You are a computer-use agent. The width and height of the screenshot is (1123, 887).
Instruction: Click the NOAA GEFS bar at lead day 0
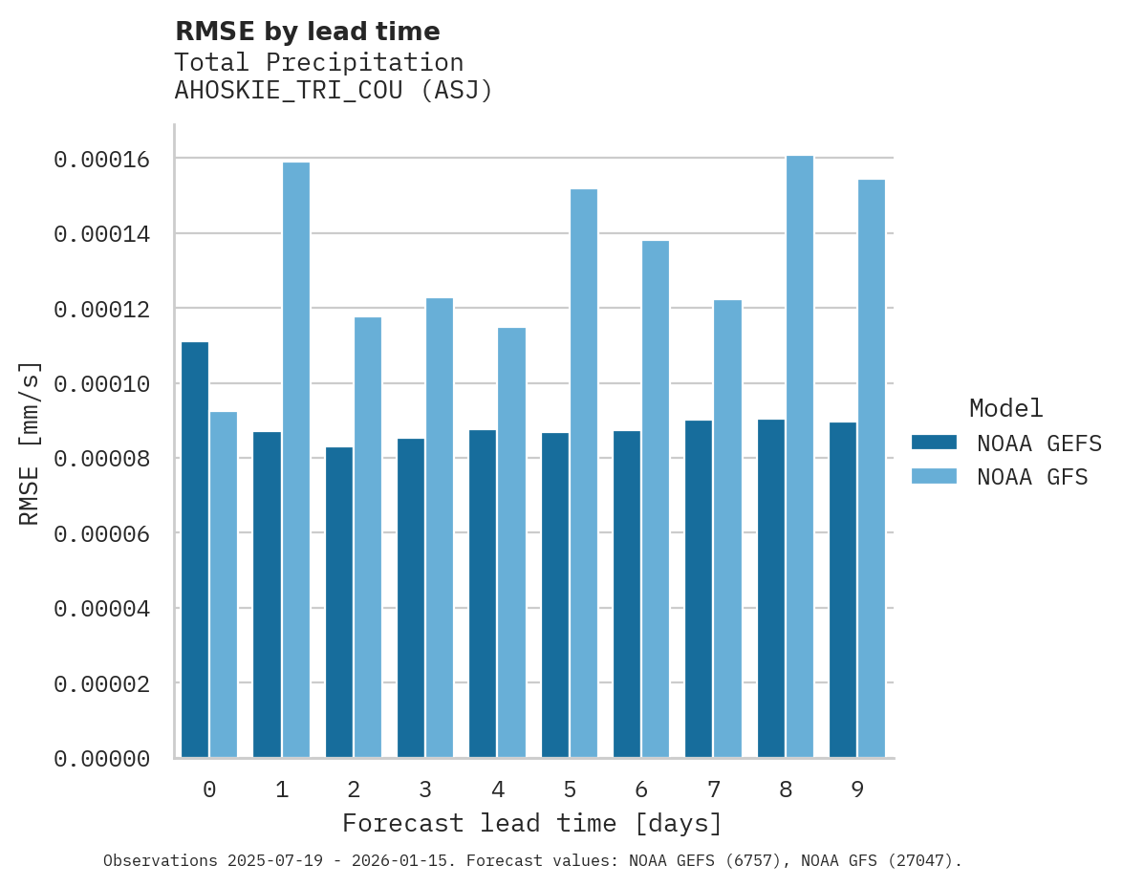(x=195, y=550)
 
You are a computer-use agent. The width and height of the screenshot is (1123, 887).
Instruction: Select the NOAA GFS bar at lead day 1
(x=296, y=460)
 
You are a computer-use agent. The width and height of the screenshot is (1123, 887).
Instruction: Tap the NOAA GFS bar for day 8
(x=799, y=457)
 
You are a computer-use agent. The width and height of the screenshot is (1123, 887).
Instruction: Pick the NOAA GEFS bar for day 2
(x=339, y=602)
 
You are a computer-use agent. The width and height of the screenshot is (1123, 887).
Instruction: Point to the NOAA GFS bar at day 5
(x=583, y=473)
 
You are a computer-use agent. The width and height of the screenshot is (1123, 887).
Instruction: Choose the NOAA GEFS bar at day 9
(x=843, y=590)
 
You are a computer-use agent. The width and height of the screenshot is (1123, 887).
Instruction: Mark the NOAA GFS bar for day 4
(x=511, y=543)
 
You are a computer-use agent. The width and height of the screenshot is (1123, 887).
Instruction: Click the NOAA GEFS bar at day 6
(x=627, y=594)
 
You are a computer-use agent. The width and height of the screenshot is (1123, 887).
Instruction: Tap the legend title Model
(x=1005, y=409)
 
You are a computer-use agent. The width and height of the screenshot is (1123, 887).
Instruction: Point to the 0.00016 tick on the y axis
(x=102, y=159)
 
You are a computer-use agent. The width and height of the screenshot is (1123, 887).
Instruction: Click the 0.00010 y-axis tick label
(x=102, y=384)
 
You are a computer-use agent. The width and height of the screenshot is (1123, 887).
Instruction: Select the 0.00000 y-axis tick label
(x=102, y=759)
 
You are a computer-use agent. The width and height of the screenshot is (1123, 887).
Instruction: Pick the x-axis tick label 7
(x=713, y=790)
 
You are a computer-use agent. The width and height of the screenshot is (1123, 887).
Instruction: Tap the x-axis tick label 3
(x=425, y=790)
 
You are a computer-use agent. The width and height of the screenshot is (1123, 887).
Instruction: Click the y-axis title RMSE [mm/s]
(x=30, y=443)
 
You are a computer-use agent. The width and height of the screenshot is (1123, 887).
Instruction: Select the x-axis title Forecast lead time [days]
(x=532, y=824)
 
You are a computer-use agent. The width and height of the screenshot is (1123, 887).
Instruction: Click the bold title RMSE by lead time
(x=308, y=32)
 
